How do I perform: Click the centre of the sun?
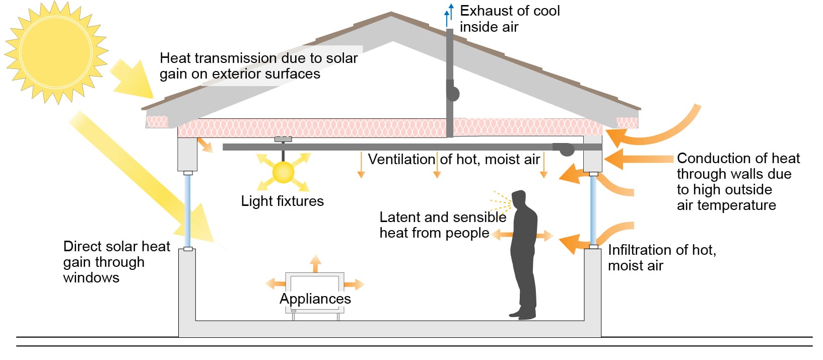coord(56,52)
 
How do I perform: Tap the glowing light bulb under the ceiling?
coord(283,172)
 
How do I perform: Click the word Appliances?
coord(315,299)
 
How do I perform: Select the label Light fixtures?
coord(282,201)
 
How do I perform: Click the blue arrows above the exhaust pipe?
coord(448,15)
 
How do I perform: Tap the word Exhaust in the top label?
coord(488,11)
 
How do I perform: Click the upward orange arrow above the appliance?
coord(315,263)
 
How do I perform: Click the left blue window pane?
coord(187,210)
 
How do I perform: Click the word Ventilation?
coord(401,159)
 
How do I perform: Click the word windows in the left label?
coord(91,277)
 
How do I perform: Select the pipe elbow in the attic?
coord(453,93)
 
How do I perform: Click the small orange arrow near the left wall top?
coord(205,145)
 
